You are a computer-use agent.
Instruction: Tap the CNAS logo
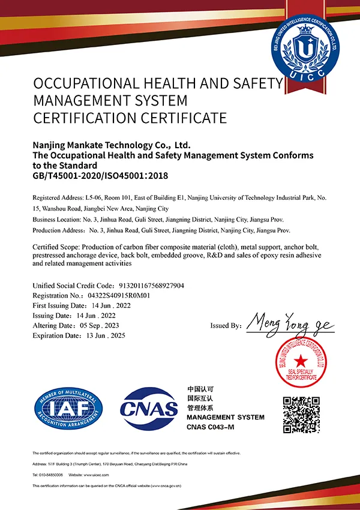pos(149,409)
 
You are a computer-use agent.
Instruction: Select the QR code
pos(301,415)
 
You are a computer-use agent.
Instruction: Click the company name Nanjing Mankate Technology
pos(111,145)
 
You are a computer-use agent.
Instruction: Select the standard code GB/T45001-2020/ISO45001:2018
pos(100,176)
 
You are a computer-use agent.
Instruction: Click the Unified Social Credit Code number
pos(149,286)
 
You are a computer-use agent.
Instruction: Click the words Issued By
pos(226,326)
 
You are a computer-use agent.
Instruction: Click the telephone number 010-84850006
pos(50,474)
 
